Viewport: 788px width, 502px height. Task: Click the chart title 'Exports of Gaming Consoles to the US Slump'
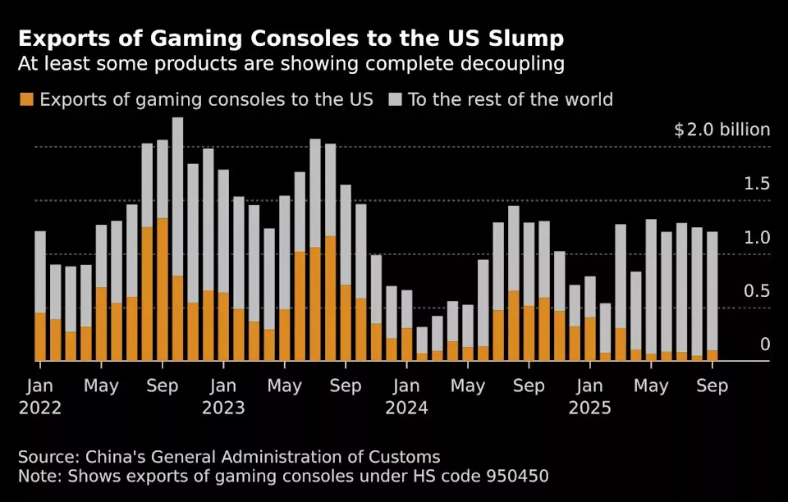pyautogui.click(x=291, y=39)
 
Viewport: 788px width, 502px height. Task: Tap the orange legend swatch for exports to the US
pyautogui.click(x=26, y=100)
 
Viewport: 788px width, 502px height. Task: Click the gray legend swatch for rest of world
pyautogui.click(x=395, y=100)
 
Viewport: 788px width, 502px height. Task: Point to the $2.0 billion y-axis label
pyautogui.click(x=722, y=130)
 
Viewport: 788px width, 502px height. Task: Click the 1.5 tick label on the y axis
pyautogui.click(x=757, y=184)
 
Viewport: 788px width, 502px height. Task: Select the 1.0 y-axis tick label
pyautogui.click(x=757, y=238)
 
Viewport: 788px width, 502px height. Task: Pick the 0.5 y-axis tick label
pyautogui.click(x=757, y=291)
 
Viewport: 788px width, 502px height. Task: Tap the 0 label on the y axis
pyautogui.click(x=765, y=345)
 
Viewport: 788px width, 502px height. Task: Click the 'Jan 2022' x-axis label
pyautogui.click(x=40, y=396)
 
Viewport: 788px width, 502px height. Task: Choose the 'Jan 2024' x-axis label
pyautogui.click(x=407, y=396)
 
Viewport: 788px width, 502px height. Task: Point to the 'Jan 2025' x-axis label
pyautogui.click(x=590, y=396)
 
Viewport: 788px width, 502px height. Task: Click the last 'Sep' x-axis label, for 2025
pyautogui.click(x=712, y=386)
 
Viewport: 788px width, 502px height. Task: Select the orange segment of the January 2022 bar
pyautogui.click(x=40, y=336)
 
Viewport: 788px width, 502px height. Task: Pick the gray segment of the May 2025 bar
pyautogui.click(x=651, y=286)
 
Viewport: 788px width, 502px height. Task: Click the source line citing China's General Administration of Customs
pyautogui.click(x=229, y=457)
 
